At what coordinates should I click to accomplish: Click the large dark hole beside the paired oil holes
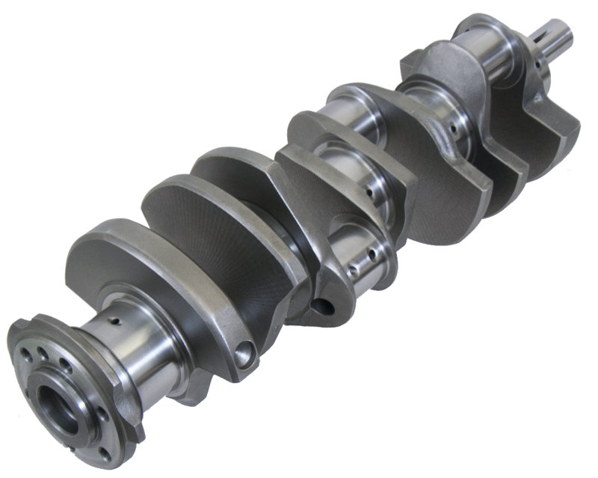pyautogui.click(x=322, y=305)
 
